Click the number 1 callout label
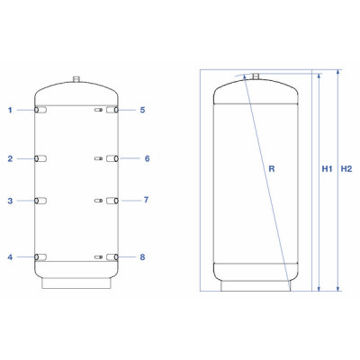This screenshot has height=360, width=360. [11, 111]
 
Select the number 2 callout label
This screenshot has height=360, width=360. [11, 159]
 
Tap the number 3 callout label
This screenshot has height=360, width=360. [11, 201]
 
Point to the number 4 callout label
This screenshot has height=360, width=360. [11, 257]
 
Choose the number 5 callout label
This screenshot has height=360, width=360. [142, 111]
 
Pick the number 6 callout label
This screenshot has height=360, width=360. [146, 159]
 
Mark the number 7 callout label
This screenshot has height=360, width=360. [146, 201]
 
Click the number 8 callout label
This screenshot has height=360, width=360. [142, 257]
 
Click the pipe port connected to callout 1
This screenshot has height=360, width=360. [40, 111]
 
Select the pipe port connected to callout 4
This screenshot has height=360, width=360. [40, 257]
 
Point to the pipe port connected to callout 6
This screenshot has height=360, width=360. [112, 159]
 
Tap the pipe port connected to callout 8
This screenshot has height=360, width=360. [112, 257]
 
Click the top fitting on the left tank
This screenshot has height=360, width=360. [77, 80]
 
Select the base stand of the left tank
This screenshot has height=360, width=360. [76, 282]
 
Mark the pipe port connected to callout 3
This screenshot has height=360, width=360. [40, 201]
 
